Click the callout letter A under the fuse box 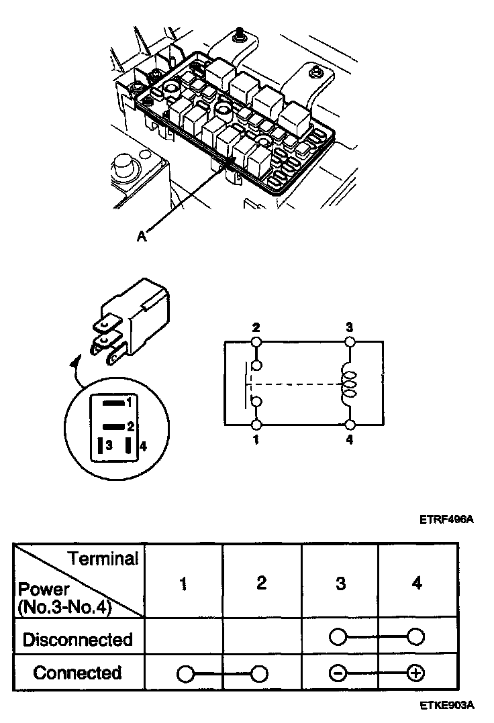(x=141, y=235)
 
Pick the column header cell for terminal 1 (x=183, y=583)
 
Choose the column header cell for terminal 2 (x=262, y=583)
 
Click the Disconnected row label (x=78, y=639)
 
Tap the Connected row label (x=78, y=673)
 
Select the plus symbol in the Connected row (x=417, y=673)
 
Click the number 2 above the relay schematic (x=256, y=328)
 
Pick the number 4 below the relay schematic (x=350, y=440)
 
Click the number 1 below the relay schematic (x=256, y=440)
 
